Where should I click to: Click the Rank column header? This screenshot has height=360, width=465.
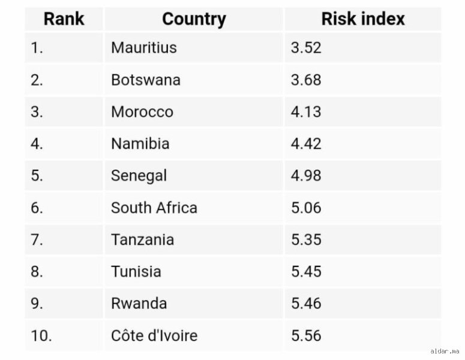pos(64,19)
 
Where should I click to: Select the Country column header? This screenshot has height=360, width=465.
pos(194,19)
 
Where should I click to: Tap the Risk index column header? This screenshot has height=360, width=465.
pos(363,19)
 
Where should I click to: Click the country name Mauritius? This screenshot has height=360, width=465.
pos(144,47)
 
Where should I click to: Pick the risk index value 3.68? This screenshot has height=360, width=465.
pos(306,80)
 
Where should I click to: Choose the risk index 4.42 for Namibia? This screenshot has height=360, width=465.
pos(306,144)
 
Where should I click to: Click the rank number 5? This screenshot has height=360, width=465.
pos(37,176)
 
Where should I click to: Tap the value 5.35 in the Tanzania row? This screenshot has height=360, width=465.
pos(306,239)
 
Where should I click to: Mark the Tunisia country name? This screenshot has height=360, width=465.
pos(136,272)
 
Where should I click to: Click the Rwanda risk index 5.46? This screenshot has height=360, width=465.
pos(306,304)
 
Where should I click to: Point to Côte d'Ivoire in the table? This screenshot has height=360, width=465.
pos(154,335)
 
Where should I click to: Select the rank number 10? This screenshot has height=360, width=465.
pos(41,335)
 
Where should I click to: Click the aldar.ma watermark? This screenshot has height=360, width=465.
pos(445,352)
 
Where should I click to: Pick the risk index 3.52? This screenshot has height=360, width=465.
pos(306,47)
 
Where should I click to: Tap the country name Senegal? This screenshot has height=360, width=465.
pos(139,176)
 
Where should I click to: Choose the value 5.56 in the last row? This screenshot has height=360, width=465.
pos(306,335)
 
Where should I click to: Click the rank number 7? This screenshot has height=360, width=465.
pos(37,239)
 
